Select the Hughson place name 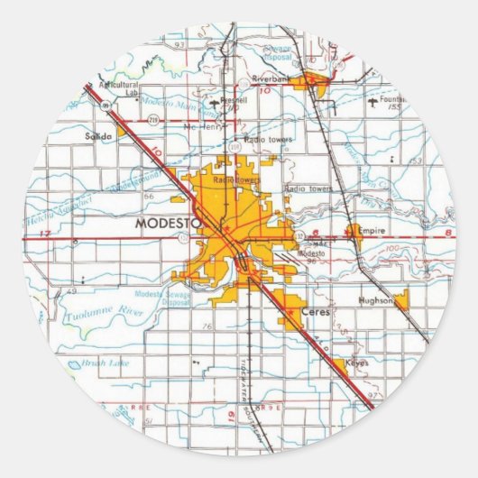tap(376, 302)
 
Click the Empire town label tap(371, 231)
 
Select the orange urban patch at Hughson tap(400, 299)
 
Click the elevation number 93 tap(179, 42)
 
